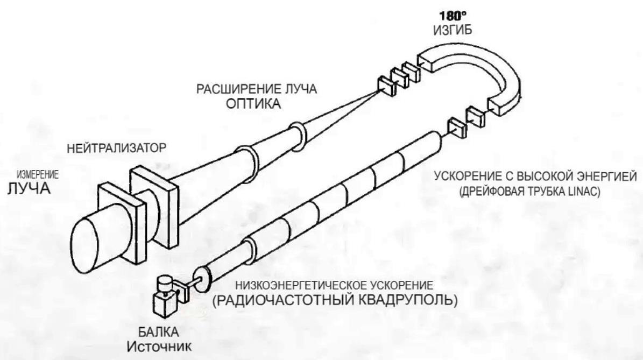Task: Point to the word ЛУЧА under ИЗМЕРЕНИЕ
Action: pyautogui.click(x=27, y=189)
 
